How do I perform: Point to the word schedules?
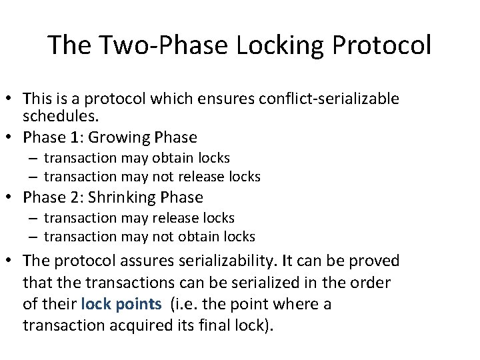pos(60,116)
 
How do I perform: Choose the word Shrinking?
pos(121,197)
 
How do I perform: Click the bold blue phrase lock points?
pos(121,305)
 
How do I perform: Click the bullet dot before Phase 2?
pos(12,197)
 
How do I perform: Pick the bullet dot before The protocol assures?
pos(12,261)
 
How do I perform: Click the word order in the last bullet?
pos(373,283)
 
